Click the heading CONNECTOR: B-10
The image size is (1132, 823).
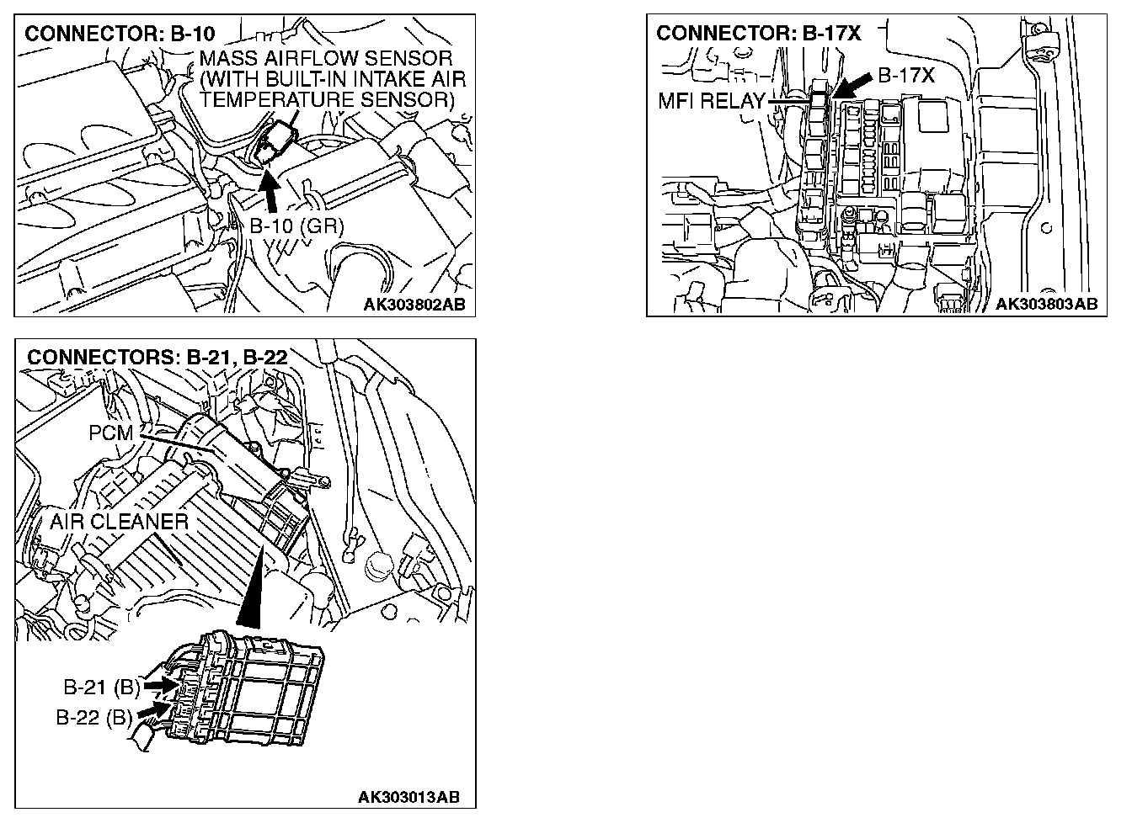click(x=120, y=35)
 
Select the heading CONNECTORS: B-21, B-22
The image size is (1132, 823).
click(x=158, y=357)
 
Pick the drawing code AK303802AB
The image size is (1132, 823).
click(x=414, y=304)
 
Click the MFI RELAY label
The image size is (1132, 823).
click(x=711, y=103)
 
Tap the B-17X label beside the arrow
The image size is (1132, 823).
click(x=906, y=76)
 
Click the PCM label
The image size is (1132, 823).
click(x=110, y=433)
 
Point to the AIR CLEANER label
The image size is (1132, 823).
click(x=119, y=522)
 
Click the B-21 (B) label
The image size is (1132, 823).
click(x=101, y=687)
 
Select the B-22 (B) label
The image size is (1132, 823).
click(x=93, y=718)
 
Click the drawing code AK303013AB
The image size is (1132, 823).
click(x=408, y=796)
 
